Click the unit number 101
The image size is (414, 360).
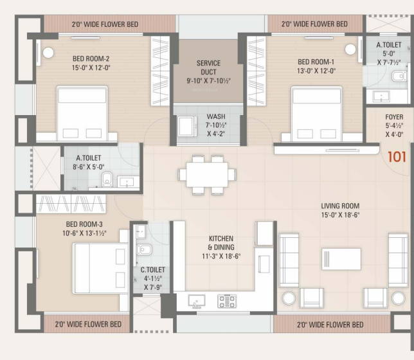coord(397,156)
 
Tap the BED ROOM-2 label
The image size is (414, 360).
coord(91,59)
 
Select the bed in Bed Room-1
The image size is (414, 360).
coord(316,113)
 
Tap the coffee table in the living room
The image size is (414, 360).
coord(341,258)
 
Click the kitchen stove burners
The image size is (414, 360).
coord(227,300)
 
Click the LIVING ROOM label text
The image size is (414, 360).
coord(340,206)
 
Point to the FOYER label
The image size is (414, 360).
coord(395,117)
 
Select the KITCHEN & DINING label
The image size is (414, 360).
coord(221,242)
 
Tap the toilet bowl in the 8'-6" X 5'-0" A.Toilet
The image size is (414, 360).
coord(107,179)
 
